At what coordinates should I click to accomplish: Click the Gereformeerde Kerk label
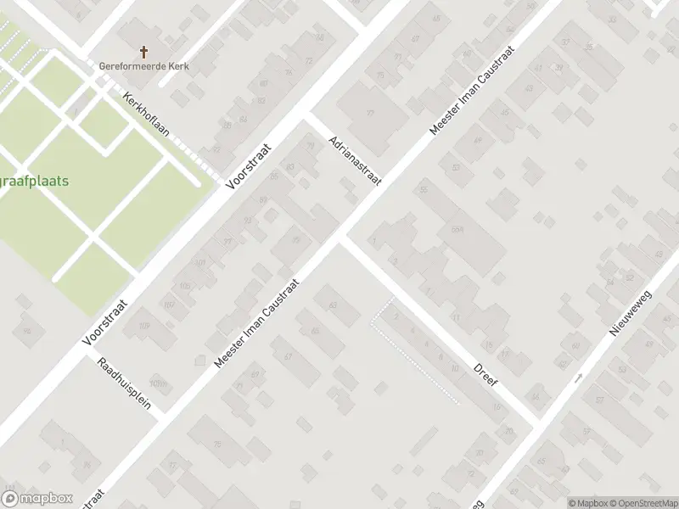[x=143, y=66]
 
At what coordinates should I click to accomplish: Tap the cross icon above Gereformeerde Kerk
[x=143, y=52]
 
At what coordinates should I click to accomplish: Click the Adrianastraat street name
[x=356, y=159]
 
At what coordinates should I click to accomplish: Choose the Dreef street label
[x=485, y=374]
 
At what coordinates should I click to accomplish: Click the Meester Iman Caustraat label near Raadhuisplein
[x=258, y=323]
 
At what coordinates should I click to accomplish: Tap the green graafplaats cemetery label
[x=35, y=181]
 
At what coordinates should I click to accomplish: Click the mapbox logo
[x=37, y=498]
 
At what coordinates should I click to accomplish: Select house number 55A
[x=457, y=230]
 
